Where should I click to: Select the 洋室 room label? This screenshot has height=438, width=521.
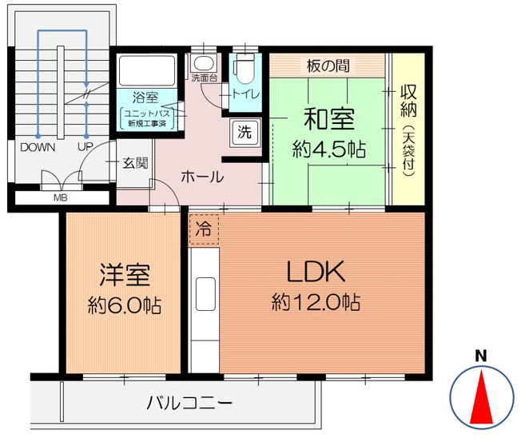[125, 276]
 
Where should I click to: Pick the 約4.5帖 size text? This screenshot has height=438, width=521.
[328, 149]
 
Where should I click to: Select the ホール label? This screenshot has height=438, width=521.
[201, 177]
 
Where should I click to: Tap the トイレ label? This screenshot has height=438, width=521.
[244, 94]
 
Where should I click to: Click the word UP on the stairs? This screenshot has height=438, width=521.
[84, 147]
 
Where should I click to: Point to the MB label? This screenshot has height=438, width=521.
[60, 198]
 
